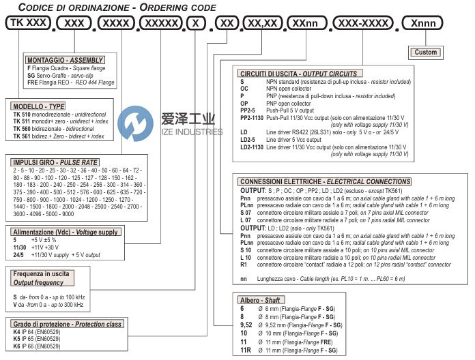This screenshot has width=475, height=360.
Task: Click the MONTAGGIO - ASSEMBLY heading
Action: (59, 59)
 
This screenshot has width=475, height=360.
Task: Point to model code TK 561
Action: (23, 136)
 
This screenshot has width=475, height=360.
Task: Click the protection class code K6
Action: (17, 347)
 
